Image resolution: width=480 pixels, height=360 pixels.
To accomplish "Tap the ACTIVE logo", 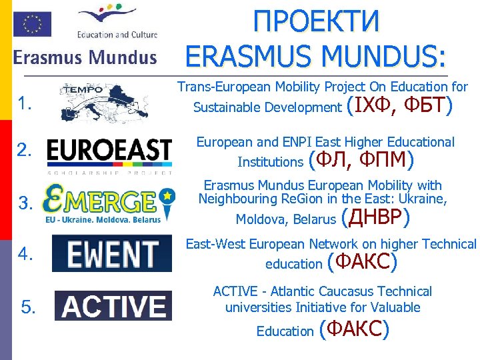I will (x=113, y=306).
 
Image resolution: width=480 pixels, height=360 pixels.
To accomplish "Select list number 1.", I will (x=26, y=103).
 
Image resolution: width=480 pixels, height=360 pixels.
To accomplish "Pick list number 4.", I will (x=26, y=254).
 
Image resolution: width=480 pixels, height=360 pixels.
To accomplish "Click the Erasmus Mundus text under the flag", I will (x=85, y=57).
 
